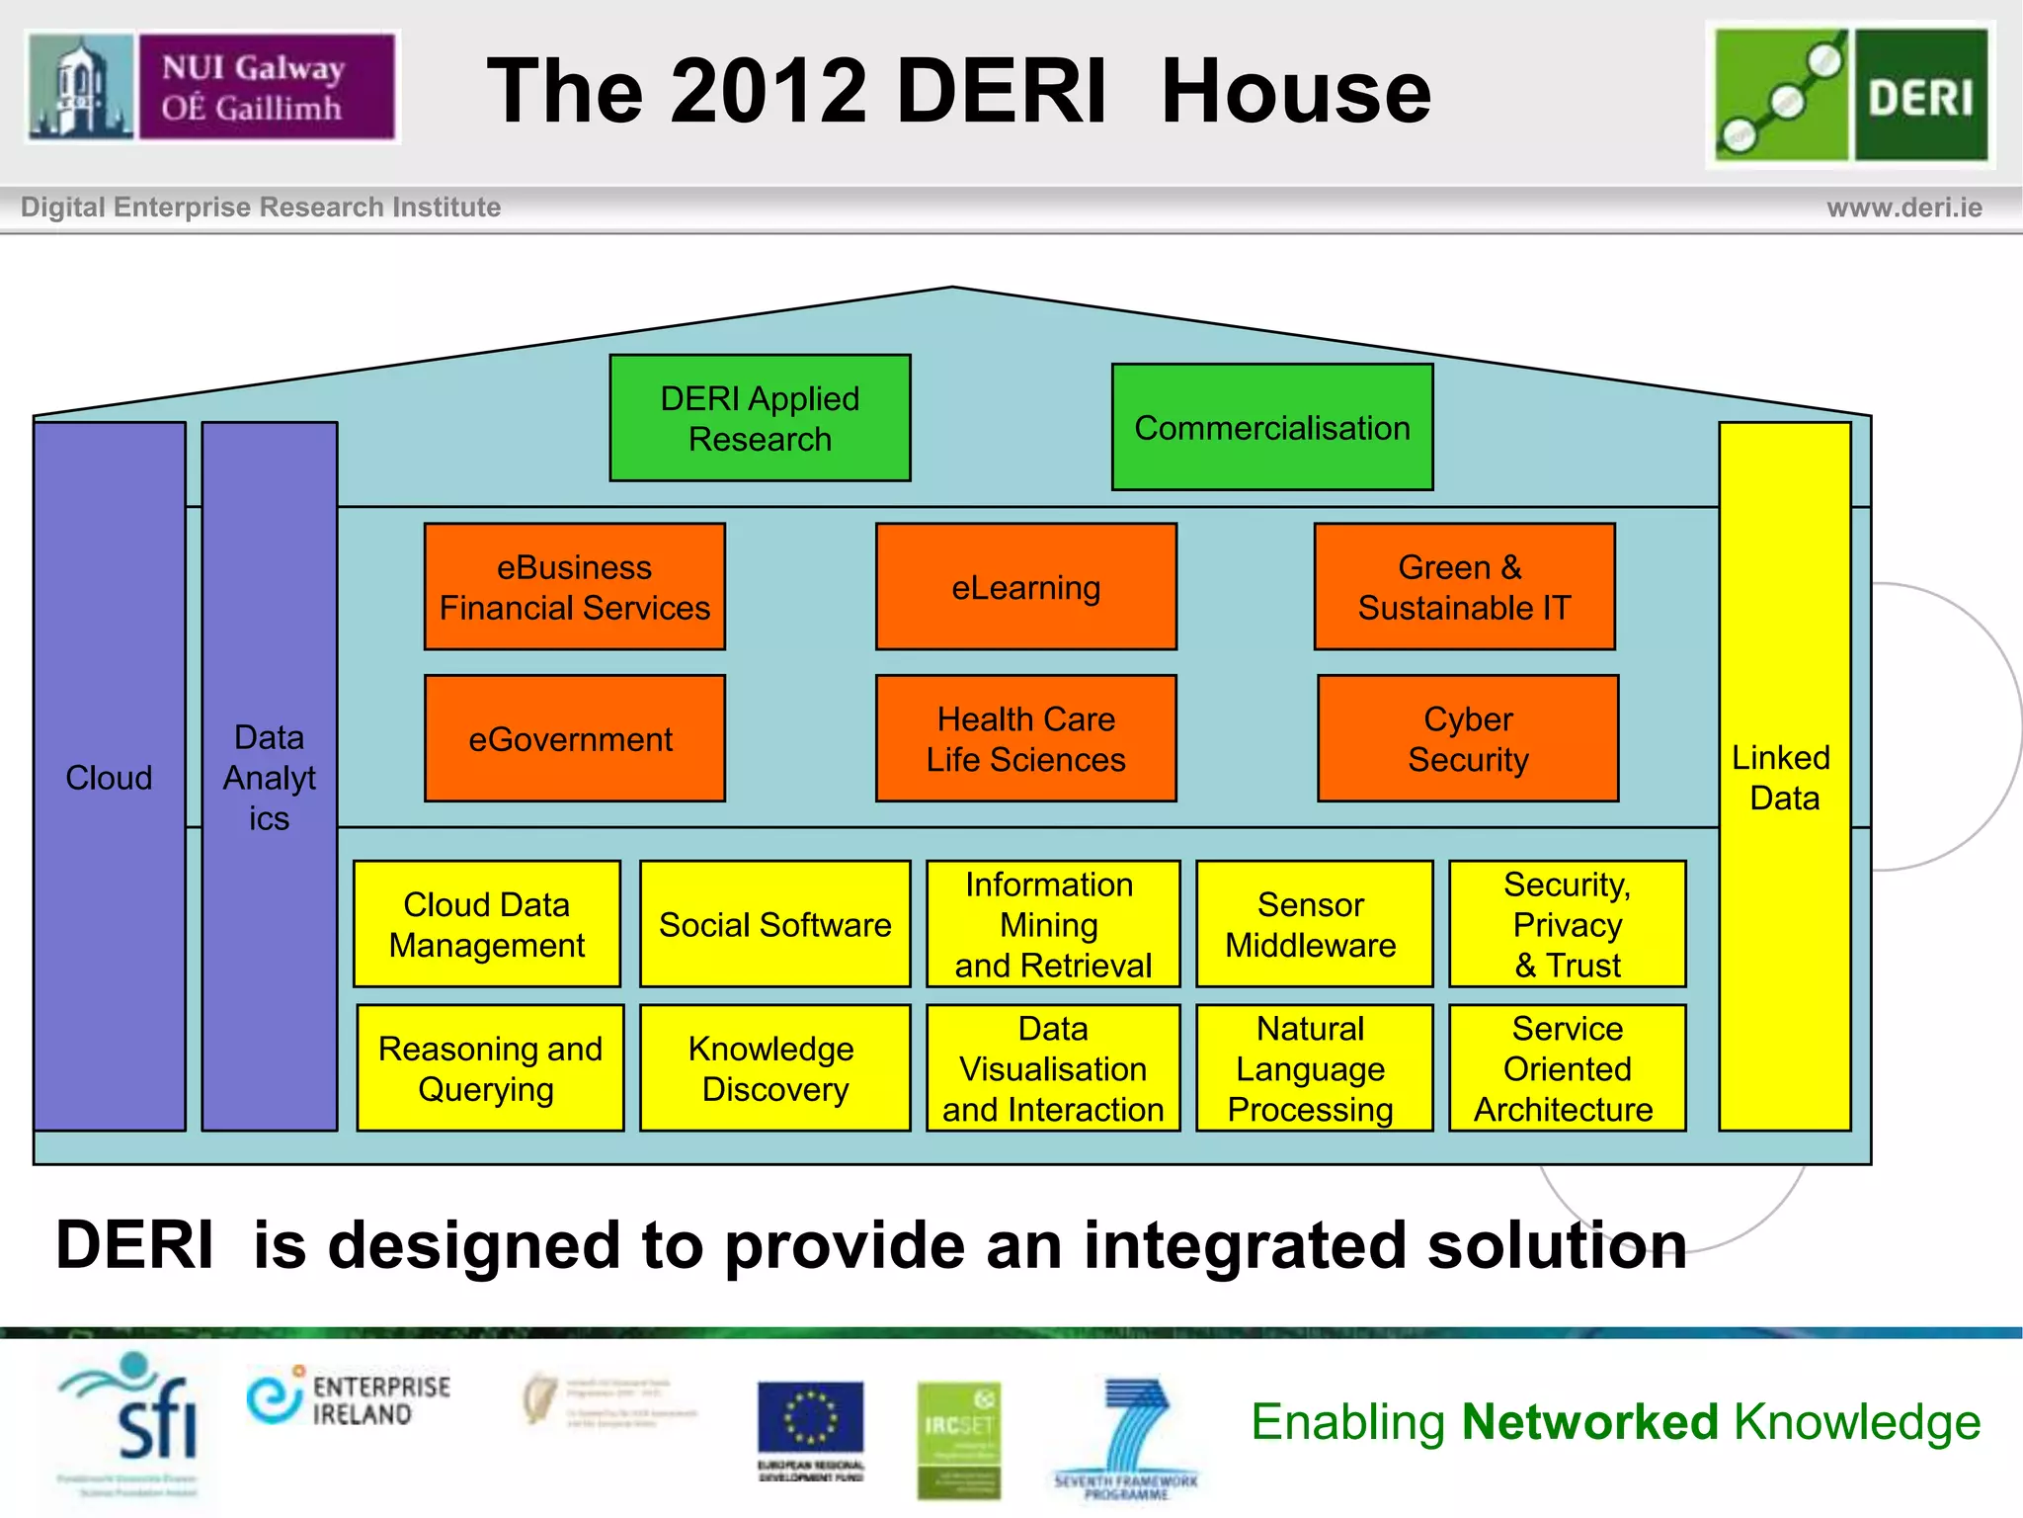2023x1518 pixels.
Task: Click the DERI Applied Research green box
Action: [760, 418]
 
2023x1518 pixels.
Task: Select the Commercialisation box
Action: [1271, 427]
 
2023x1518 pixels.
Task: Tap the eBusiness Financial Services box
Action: [574, 587]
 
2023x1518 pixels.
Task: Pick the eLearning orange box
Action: [1025, 587]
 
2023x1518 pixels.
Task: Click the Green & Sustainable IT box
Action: [1464, 587]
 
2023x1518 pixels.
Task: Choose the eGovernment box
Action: [574, 738]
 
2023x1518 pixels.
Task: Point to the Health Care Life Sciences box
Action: [1025, 738]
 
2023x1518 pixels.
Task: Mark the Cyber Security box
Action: [1468, 738]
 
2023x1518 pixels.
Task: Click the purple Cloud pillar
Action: [109, 777]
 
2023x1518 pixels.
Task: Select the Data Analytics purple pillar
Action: [269, 777]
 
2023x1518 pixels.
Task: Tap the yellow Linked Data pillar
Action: [1784, 777]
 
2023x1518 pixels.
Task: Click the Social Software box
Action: [774, 924]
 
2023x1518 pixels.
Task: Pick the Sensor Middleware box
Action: [1313, 924]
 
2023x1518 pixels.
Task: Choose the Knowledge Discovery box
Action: [774, 1068]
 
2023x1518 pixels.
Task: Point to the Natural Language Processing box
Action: [1313, 1068]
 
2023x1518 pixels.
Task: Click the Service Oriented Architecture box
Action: [1567, 1068]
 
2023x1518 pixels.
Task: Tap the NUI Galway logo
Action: [211, 87]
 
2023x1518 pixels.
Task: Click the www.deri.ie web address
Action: [1903, 208]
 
